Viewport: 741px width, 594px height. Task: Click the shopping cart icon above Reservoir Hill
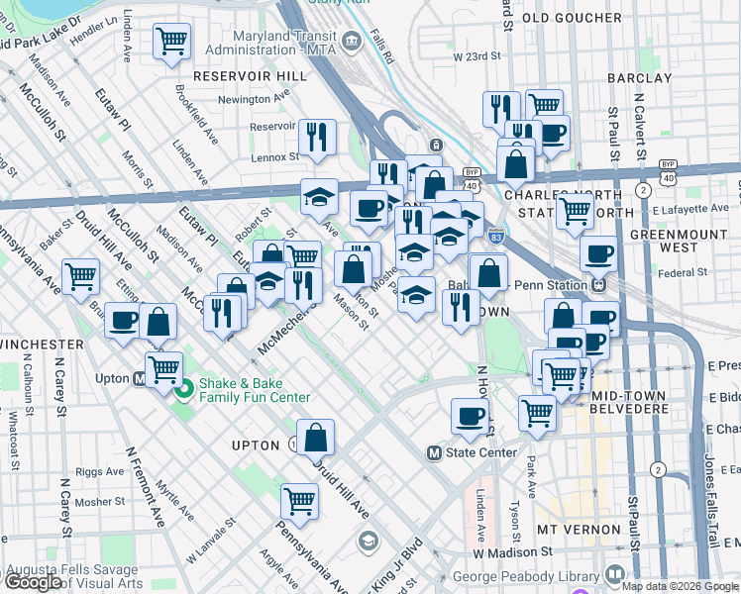coord(172,42)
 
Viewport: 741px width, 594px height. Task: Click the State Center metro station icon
coord(433,452)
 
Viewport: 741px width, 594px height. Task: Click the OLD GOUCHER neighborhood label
coord(563,18)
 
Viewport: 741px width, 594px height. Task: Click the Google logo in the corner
coord(32,581)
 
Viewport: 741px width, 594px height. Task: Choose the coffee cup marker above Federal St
coord(598,252)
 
